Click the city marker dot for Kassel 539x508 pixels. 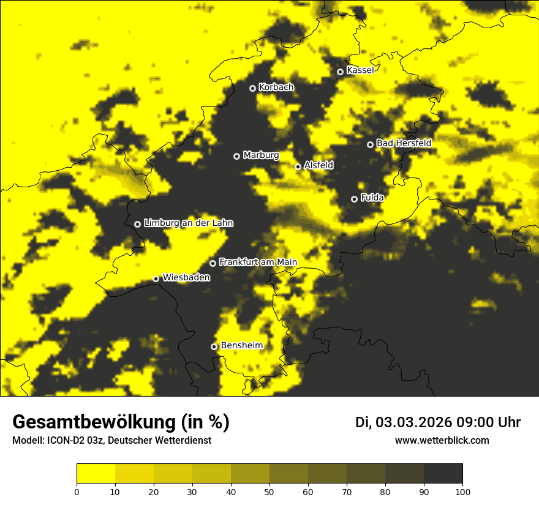(x=340, y=72)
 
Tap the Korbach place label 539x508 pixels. (x=276, y=88)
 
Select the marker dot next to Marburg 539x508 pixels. (x=236, y=156)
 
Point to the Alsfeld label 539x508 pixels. (x=318, y=165)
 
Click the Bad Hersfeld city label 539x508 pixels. (x=404, y=143)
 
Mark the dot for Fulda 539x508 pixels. (x=354, y=199)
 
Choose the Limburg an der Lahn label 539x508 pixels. (x=189, y=223)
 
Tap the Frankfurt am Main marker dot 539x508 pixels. (x=213, y=263)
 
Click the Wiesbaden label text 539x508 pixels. (x=186, y=278)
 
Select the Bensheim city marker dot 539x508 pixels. (x=214, y=346)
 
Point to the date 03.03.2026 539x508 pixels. (x=413, y=422)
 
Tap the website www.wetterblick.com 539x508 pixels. (x=442, y=440)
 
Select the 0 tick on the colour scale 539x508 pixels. (x=77, y=491)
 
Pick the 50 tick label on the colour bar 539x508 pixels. (x=269, y=491)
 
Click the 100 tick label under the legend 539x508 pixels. (x=462, y=491)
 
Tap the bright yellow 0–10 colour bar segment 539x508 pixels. (x=96, y=473)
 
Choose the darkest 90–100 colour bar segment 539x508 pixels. (x=443, y=473)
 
